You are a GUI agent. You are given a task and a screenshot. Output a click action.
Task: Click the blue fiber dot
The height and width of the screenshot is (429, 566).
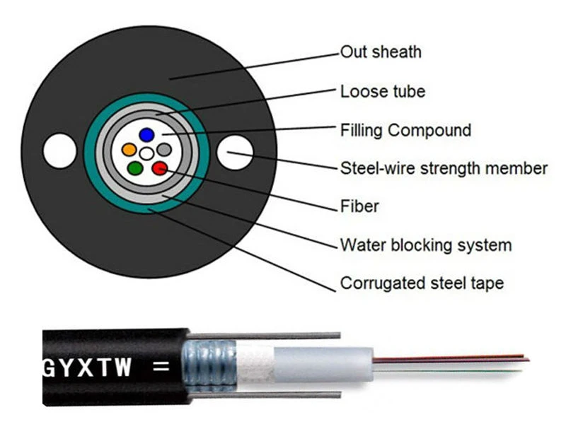coord(146,134)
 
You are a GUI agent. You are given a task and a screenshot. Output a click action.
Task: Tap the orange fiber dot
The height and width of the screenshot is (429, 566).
coord(129,150)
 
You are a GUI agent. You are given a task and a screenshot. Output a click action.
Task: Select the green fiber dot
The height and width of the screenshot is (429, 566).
coord(135,168)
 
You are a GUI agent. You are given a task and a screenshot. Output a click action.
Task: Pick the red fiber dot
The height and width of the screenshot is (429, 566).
coord(159,168)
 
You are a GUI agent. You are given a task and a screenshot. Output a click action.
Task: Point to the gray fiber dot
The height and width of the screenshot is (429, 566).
coord(164,150)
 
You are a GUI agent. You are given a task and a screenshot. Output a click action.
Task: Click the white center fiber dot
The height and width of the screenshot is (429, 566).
coord(146,152)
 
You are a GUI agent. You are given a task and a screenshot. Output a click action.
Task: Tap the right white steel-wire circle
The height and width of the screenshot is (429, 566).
coord(234,152)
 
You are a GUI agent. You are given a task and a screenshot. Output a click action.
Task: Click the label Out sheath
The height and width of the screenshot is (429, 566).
coord(381,52)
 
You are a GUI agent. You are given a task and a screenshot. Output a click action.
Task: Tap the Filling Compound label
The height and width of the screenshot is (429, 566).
coord(405,130)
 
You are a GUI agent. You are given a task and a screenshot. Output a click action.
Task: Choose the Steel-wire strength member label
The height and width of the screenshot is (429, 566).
coord(444,168)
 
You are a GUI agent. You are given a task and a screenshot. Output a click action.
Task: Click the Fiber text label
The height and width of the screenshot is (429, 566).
coord(359,206)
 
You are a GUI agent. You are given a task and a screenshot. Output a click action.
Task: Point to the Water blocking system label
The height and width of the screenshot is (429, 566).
coord(425,245)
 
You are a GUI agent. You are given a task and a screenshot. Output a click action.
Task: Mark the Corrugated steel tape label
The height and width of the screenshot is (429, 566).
coord(422,283)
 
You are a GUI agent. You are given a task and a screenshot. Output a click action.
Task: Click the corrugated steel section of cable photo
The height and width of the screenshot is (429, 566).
coord(210,364)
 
